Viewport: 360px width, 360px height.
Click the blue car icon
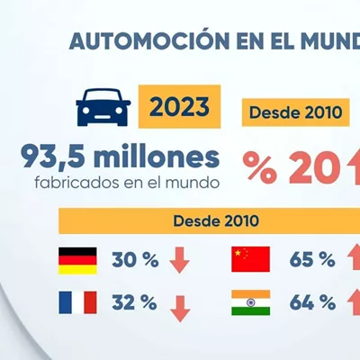click(103, 107)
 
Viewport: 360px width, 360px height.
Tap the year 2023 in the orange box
click(179, 107)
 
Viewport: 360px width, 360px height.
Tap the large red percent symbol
click(260, 166)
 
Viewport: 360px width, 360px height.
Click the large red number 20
click(313, 166)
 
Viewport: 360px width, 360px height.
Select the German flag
click(77, 261)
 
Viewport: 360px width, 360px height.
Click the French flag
click(77, 302)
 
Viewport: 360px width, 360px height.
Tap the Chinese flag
click(250, 259)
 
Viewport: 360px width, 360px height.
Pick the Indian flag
click(250, 302)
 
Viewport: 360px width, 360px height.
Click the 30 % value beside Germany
click(135, 260)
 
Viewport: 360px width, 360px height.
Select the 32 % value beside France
click(134, 302)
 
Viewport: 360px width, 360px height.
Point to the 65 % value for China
click(312, 259)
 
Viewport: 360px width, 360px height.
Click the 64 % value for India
click(312, 302)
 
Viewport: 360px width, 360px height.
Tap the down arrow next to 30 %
click(180, 260)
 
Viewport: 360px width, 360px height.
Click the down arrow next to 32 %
click(180, 309)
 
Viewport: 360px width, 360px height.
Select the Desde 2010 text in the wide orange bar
click(216, 220)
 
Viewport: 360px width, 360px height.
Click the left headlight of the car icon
click(86, 111)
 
